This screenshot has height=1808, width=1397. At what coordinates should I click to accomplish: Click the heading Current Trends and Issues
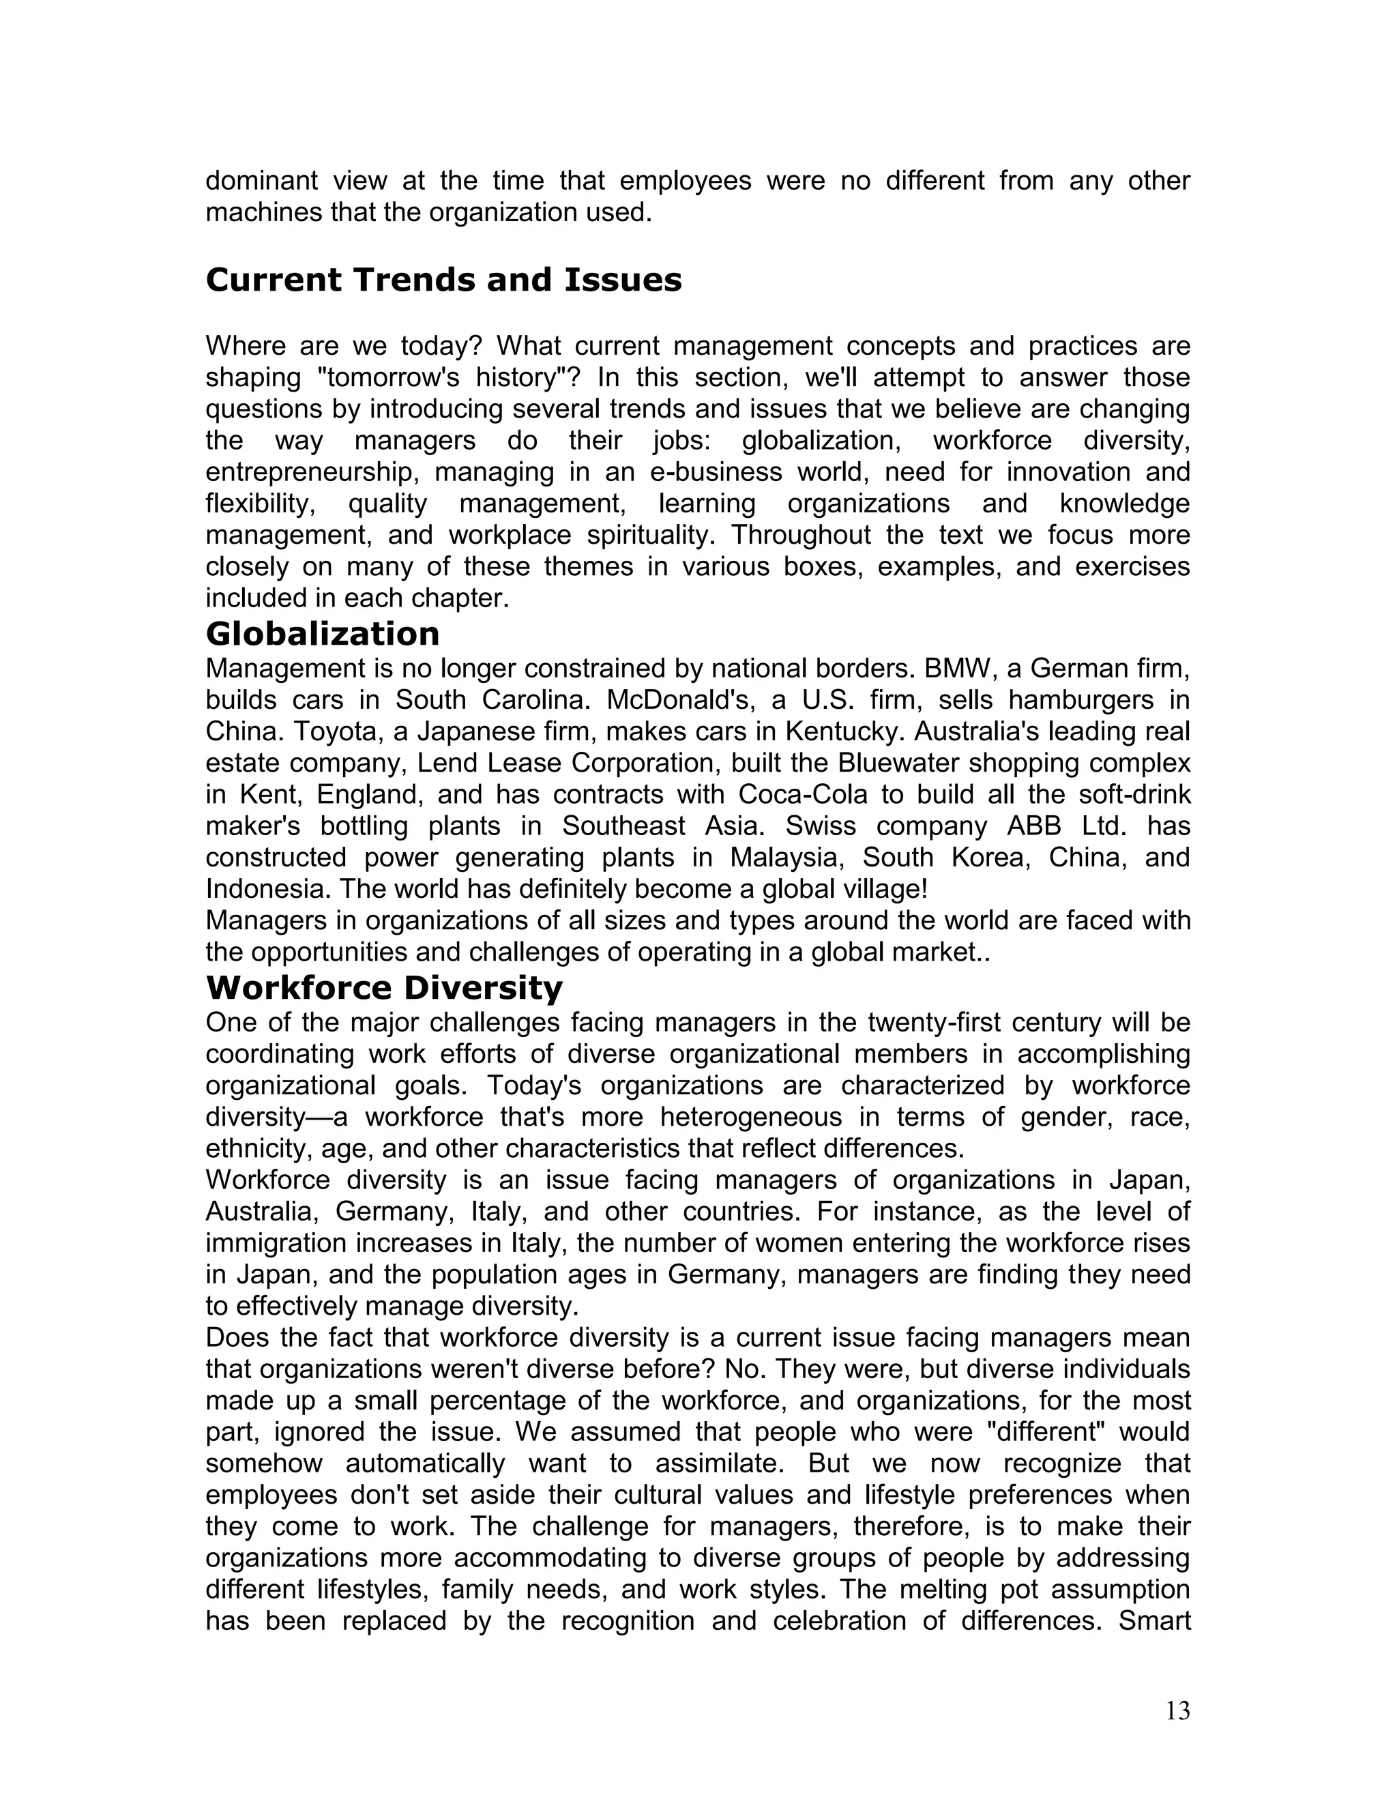443,280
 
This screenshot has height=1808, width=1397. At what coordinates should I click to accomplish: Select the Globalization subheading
322,634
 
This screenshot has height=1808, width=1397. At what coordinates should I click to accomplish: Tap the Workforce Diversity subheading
383,988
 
